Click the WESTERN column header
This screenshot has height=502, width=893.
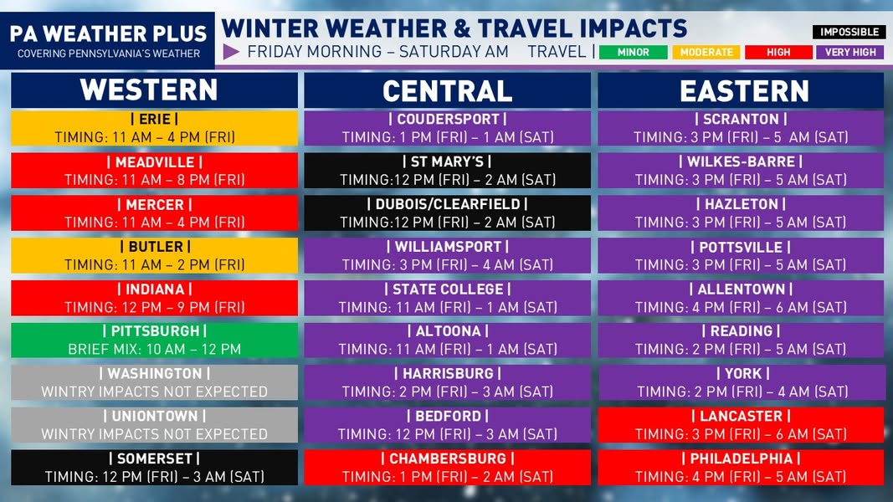(154, 90)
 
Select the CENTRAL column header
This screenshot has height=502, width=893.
(447, 90)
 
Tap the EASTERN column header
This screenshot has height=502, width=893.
(741, 90)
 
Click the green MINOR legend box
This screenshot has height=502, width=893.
(634, 53)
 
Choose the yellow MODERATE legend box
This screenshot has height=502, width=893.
(706, 53)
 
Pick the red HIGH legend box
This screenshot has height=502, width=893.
(778, 53)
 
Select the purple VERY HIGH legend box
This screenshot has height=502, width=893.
(850, 53)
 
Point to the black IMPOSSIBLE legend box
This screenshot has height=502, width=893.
(849, 32)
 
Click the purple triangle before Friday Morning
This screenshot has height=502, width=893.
(231, 52)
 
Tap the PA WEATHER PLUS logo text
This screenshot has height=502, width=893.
(108, 34)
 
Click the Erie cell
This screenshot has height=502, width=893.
(154, 128)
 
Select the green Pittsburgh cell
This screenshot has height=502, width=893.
(154, 341)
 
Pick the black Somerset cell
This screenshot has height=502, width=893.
(154, 468)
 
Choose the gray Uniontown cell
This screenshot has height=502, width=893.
(154, 424)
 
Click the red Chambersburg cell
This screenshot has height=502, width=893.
(447, 468)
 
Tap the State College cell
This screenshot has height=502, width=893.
(447, 298)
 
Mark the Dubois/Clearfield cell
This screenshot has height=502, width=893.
(447, 213)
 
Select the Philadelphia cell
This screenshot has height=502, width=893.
(741, 468)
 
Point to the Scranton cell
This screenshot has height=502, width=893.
(741, 128)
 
